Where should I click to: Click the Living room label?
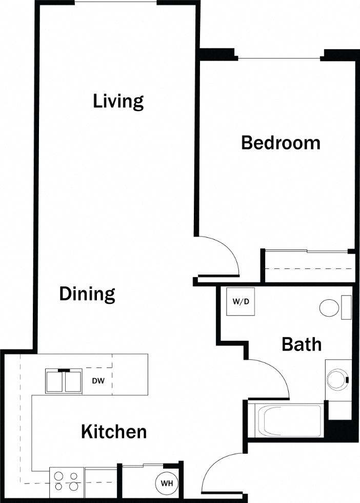tap(118, 101)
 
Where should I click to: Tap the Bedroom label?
tap(281, 142)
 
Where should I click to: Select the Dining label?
tap(87, 294)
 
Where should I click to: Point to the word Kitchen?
tap(114, 432)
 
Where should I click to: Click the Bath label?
tap(302, 344)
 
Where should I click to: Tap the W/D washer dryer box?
tap(241, 301)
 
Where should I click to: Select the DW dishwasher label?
tap(99, 381)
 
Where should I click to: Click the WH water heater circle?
tap(167, 483)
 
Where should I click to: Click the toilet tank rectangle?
tap(347, 307)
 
